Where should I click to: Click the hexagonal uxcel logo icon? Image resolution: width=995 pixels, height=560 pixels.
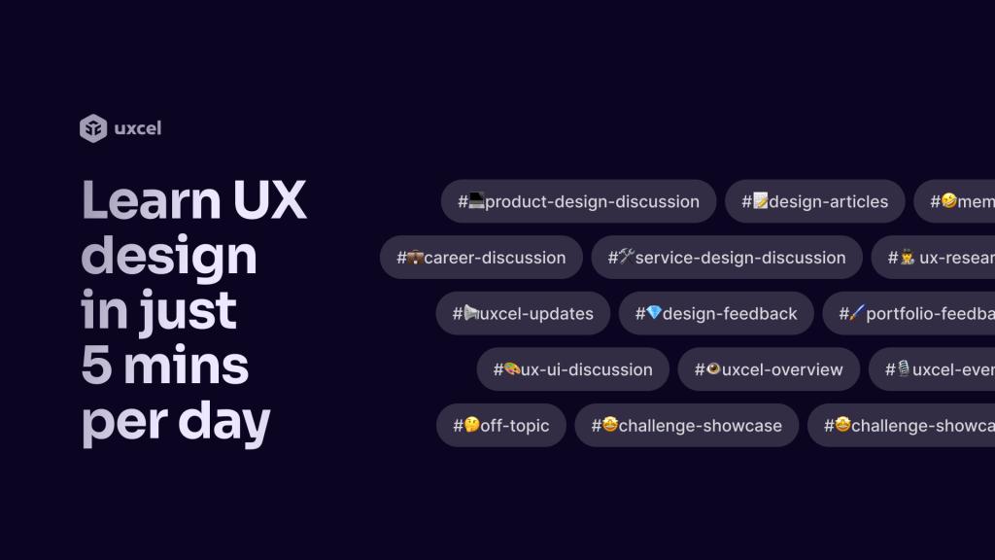93,128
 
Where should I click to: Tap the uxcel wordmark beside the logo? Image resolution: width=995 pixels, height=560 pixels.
137,128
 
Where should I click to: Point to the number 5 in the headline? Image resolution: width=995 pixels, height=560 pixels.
96,367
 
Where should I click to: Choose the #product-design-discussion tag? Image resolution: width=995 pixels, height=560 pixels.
578,201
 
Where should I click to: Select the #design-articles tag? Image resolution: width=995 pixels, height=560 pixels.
814,201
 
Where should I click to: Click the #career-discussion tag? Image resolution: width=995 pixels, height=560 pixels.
481,258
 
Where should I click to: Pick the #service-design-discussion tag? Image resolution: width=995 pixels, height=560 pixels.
726,258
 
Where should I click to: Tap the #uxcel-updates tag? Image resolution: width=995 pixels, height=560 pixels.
523,313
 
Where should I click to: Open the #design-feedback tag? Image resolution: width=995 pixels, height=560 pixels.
716,313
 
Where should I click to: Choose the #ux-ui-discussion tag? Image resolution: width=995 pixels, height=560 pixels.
572,369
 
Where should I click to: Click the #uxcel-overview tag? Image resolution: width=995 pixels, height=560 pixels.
769,369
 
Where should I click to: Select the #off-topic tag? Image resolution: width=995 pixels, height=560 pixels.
500,425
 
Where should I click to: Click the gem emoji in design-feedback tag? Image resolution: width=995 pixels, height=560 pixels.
654,312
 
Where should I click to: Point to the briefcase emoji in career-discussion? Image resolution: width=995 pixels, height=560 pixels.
415,257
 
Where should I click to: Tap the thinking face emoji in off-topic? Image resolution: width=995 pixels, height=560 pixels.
472,424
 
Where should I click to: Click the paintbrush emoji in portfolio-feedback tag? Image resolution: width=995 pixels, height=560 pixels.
857,312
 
